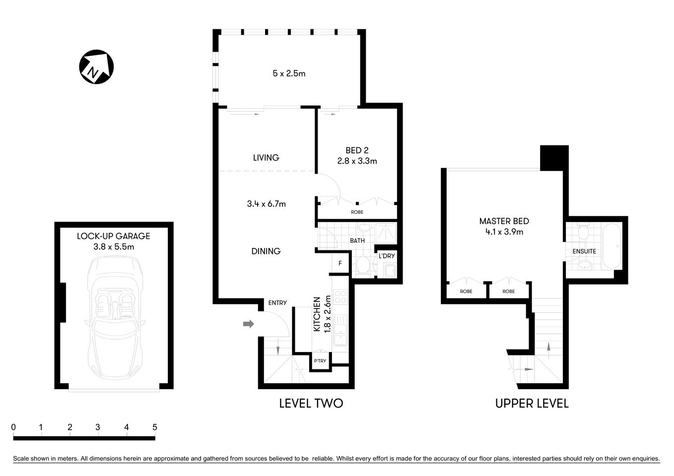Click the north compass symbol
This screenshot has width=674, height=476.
(96, 66)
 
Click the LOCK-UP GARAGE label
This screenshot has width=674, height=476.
(113, 236)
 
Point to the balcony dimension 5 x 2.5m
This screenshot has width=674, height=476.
(289, 73)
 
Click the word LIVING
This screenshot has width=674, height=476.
(266, 158)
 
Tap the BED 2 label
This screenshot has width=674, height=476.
(357, 150)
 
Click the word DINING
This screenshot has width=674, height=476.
(266, 251)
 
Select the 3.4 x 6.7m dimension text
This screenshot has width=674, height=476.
(266, 204)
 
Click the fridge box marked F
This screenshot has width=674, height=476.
(340, 263)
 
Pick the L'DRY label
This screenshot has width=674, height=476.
(387, 256)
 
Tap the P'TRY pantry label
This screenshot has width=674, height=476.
(320, 361)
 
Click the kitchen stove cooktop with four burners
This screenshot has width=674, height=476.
(341, 297)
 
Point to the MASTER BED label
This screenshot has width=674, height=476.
(504, 221)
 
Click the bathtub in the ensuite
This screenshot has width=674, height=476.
(611, 246)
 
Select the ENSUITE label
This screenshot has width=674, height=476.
(584, 251)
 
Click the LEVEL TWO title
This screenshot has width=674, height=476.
(311, 403)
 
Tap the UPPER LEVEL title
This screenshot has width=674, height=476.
(532, 403)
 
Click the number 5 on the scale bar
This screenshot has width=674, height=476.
(155, 427)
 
